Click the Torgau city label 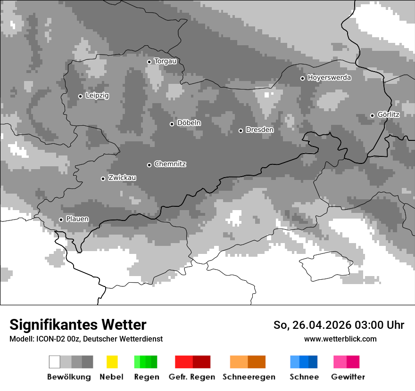pyautogui.click(x=165, y=61)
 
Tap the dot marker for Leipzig pyautogui.click(x=80, y=96)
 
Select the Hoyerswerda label pyautogui.click(x=329, y=78)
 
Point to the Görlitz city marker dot pyautogui.click(x=372, y=115)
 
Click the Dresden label pyautogui.click(x=259, y=130)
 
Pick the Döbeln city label pyautogui.click(x=189, y=123)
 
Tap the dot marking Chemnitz pyautogui.click(x=149, y=165)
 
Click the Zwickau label pyautogui.click(x=122, y=178)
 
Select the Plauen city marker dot pyautogui.click(x=61, y=220)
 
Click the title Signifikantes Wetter pyautogui.click(x=78, y=325)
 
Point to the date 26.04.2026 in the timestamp pyautogui.click(x=319, y=325)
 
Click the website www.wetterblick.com pyautogui.click(x=340, y=339)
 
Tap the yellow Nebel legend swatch pyautogui.click(x=112, y=362)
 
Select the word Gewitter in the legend pyautogui.click(x=348, y=377)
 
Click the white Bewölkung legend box pyautogui.click(x=54, y=362)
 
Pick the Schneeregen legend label pyautogui.click(x=249, y=377)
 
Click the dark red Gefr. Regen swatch pyautogui.click(x=201, y=362)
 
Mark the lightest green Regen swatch pyautogui.click(x=137, y=362)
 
